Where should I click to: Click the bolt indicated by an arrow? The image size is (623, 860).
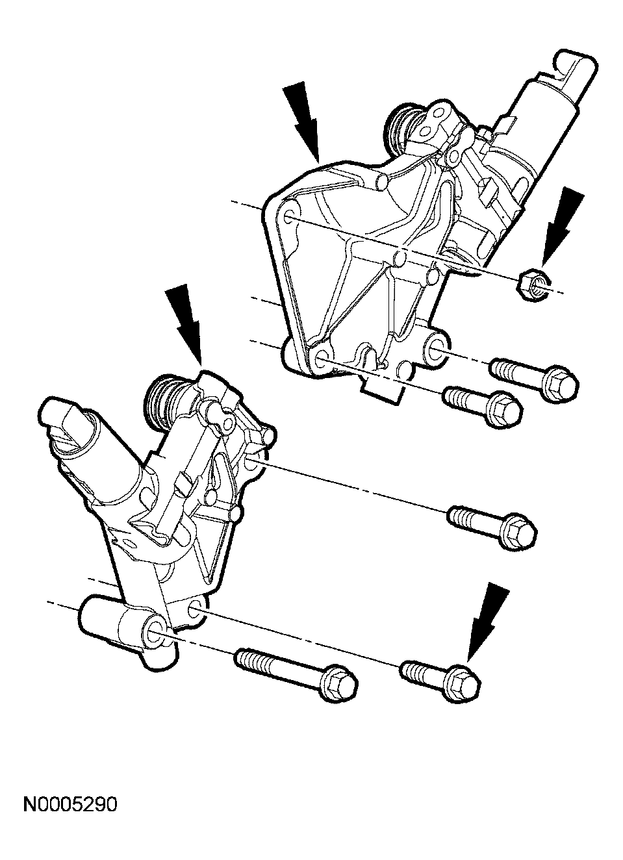(440, 679)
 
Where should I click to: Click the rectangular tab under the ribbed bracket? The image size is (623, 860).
(383, 387)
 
